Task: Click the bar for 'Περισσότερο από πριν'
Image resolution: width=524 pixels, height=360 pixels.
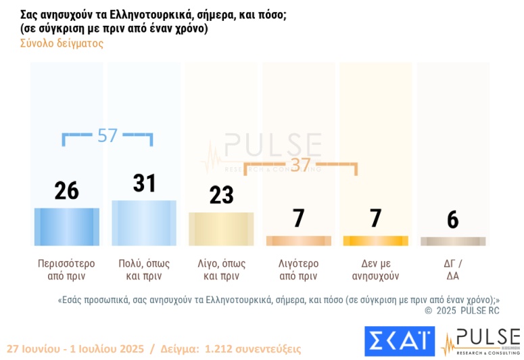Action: [66, 227]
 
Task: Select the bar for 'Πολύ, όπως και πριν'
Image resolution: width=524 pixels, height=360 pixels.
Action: [144, 223]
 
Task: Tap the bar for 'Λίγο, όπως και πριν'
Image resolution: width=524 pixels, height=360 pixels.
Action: [221, 229]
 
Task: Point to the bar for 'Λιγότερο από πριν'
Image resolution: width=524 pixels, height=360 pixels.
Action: [299, 241]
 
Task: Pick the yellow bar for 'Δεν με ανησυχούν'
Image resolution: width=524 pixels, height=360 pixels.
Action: [376, 241]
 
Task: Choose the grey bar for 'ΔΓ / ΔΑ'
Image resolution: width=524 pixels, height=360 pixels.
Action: [453, 242]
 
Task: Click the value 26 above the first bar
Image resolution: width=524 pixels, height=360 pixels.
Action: [66, 192]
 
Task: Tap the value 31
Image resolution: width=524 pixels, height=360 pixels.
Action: [144, 183]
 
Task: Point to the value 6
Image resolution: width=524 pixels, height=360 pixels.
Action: [453, 219]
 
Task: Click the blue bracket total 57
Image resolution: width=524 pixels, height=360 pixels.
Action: [107, 135]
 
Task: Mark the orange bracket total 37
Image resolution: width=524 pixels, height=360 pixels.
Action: [300, 165]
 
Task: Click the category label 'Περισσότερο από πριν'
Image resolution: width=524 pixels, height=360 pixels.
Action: [66, 269]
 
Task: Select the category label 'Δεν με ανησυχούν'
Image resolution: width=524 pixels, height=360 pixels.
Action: [376, 269]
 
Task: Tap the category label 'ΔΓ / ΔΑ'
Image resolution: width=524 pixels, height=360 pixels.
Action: [453, 269]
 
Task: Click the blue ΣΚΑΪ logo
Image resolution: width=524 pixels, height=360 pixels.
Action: [399, 341]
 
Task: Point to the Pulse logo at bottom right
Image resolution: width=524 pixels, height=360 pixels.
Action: [481, 341]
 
